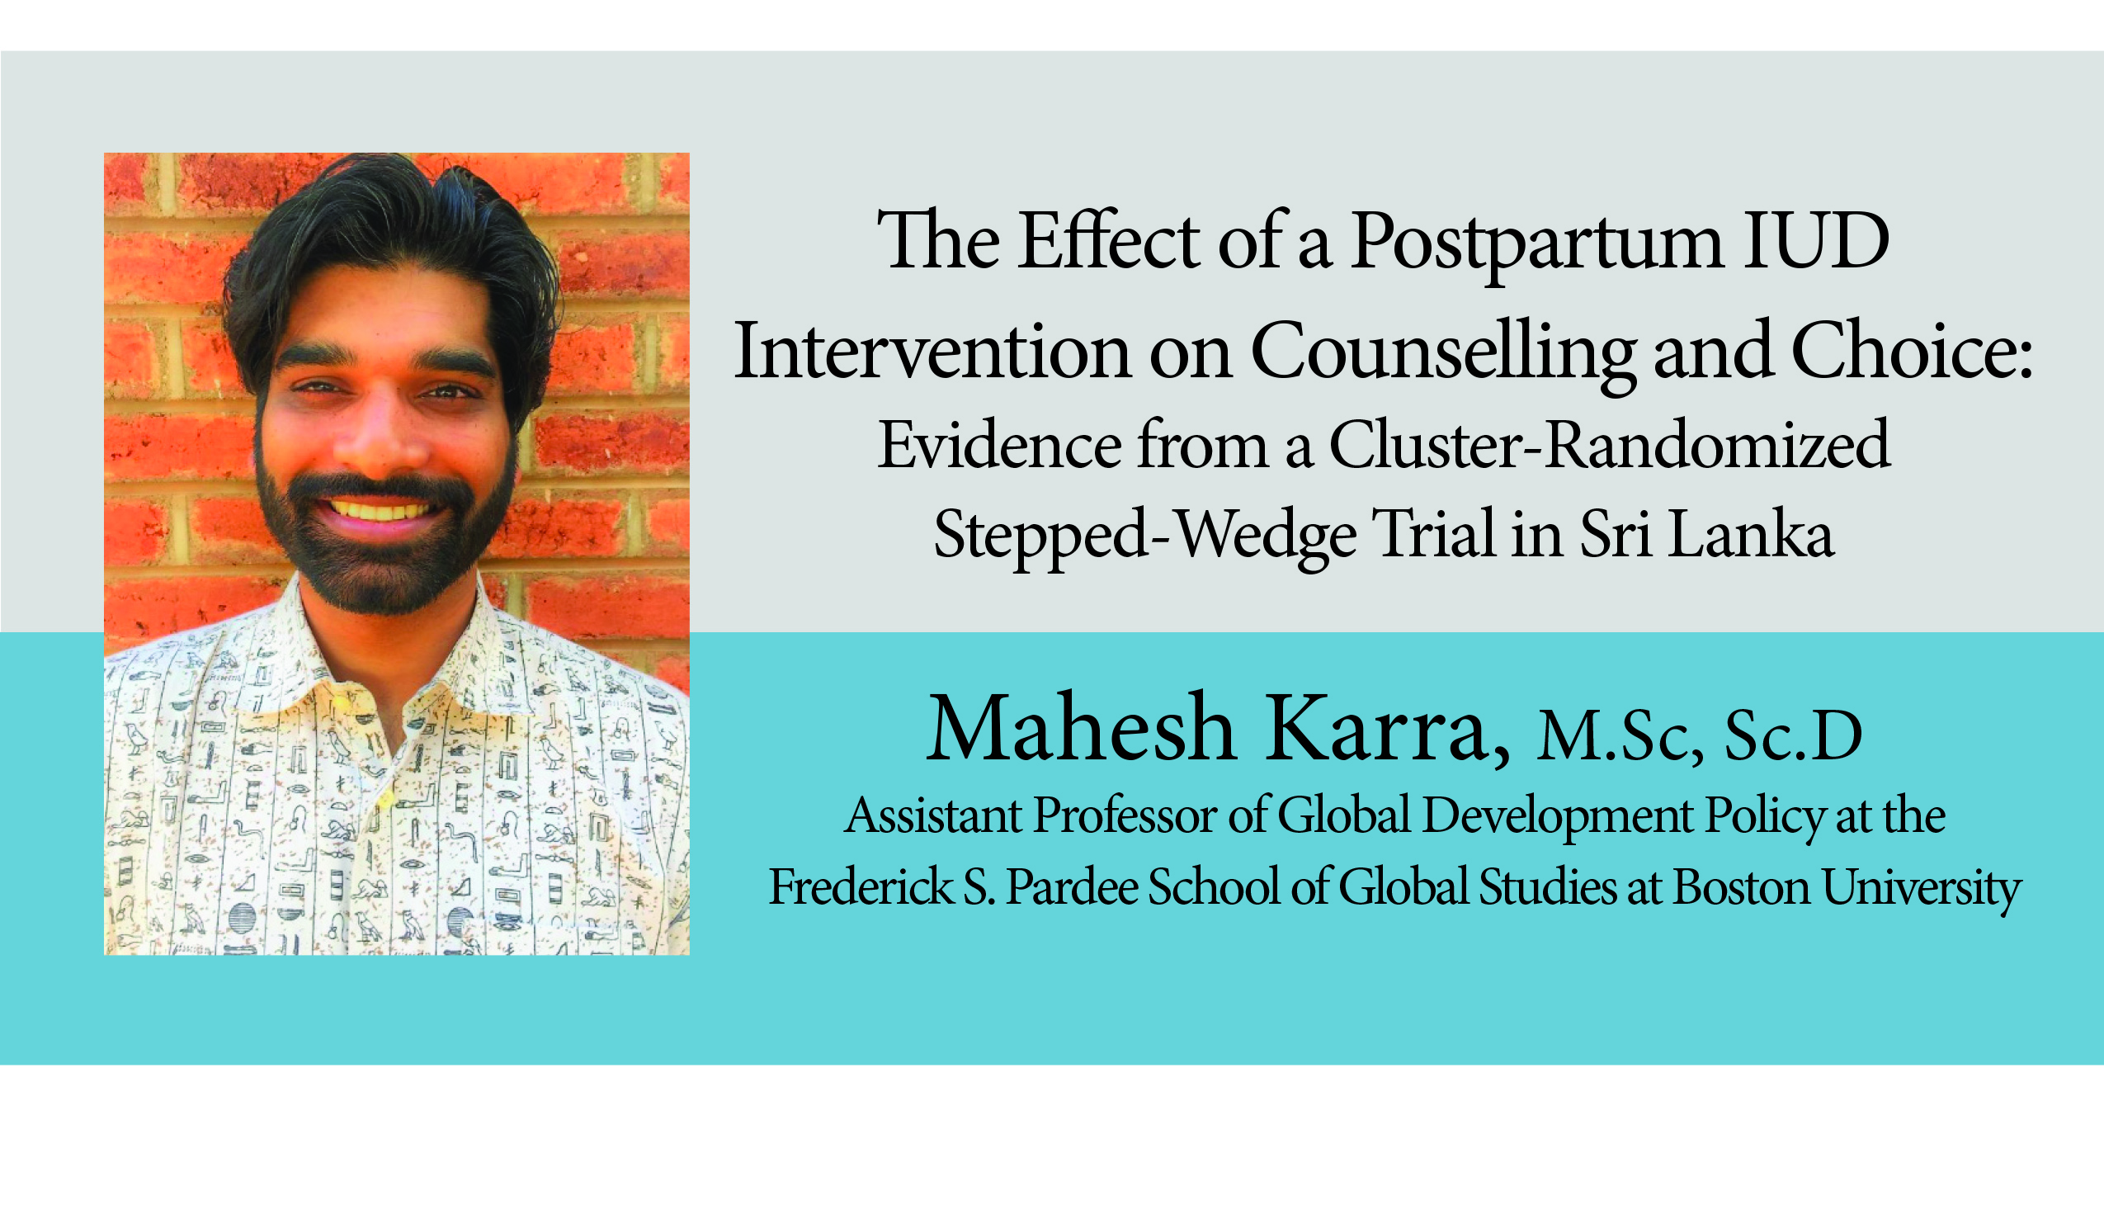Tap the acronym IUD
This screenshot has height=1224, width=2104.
coord(1816,240)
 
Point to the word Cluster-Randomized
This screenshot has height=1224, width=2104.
coord(1609,445)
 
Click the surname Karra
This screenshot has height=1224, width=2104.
coord(1388,728)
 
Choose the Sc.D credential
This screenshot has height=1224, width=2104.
coord(1794,735)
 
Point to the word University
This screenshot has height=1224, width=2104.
coord(1921,889)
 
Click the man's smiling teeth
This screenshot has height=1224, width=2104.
coord(380,509)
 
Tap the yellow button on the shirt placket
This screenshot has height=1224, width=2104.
coord(386,800)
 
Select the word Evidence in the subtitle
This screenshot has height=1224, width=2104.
coord(999,445)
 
